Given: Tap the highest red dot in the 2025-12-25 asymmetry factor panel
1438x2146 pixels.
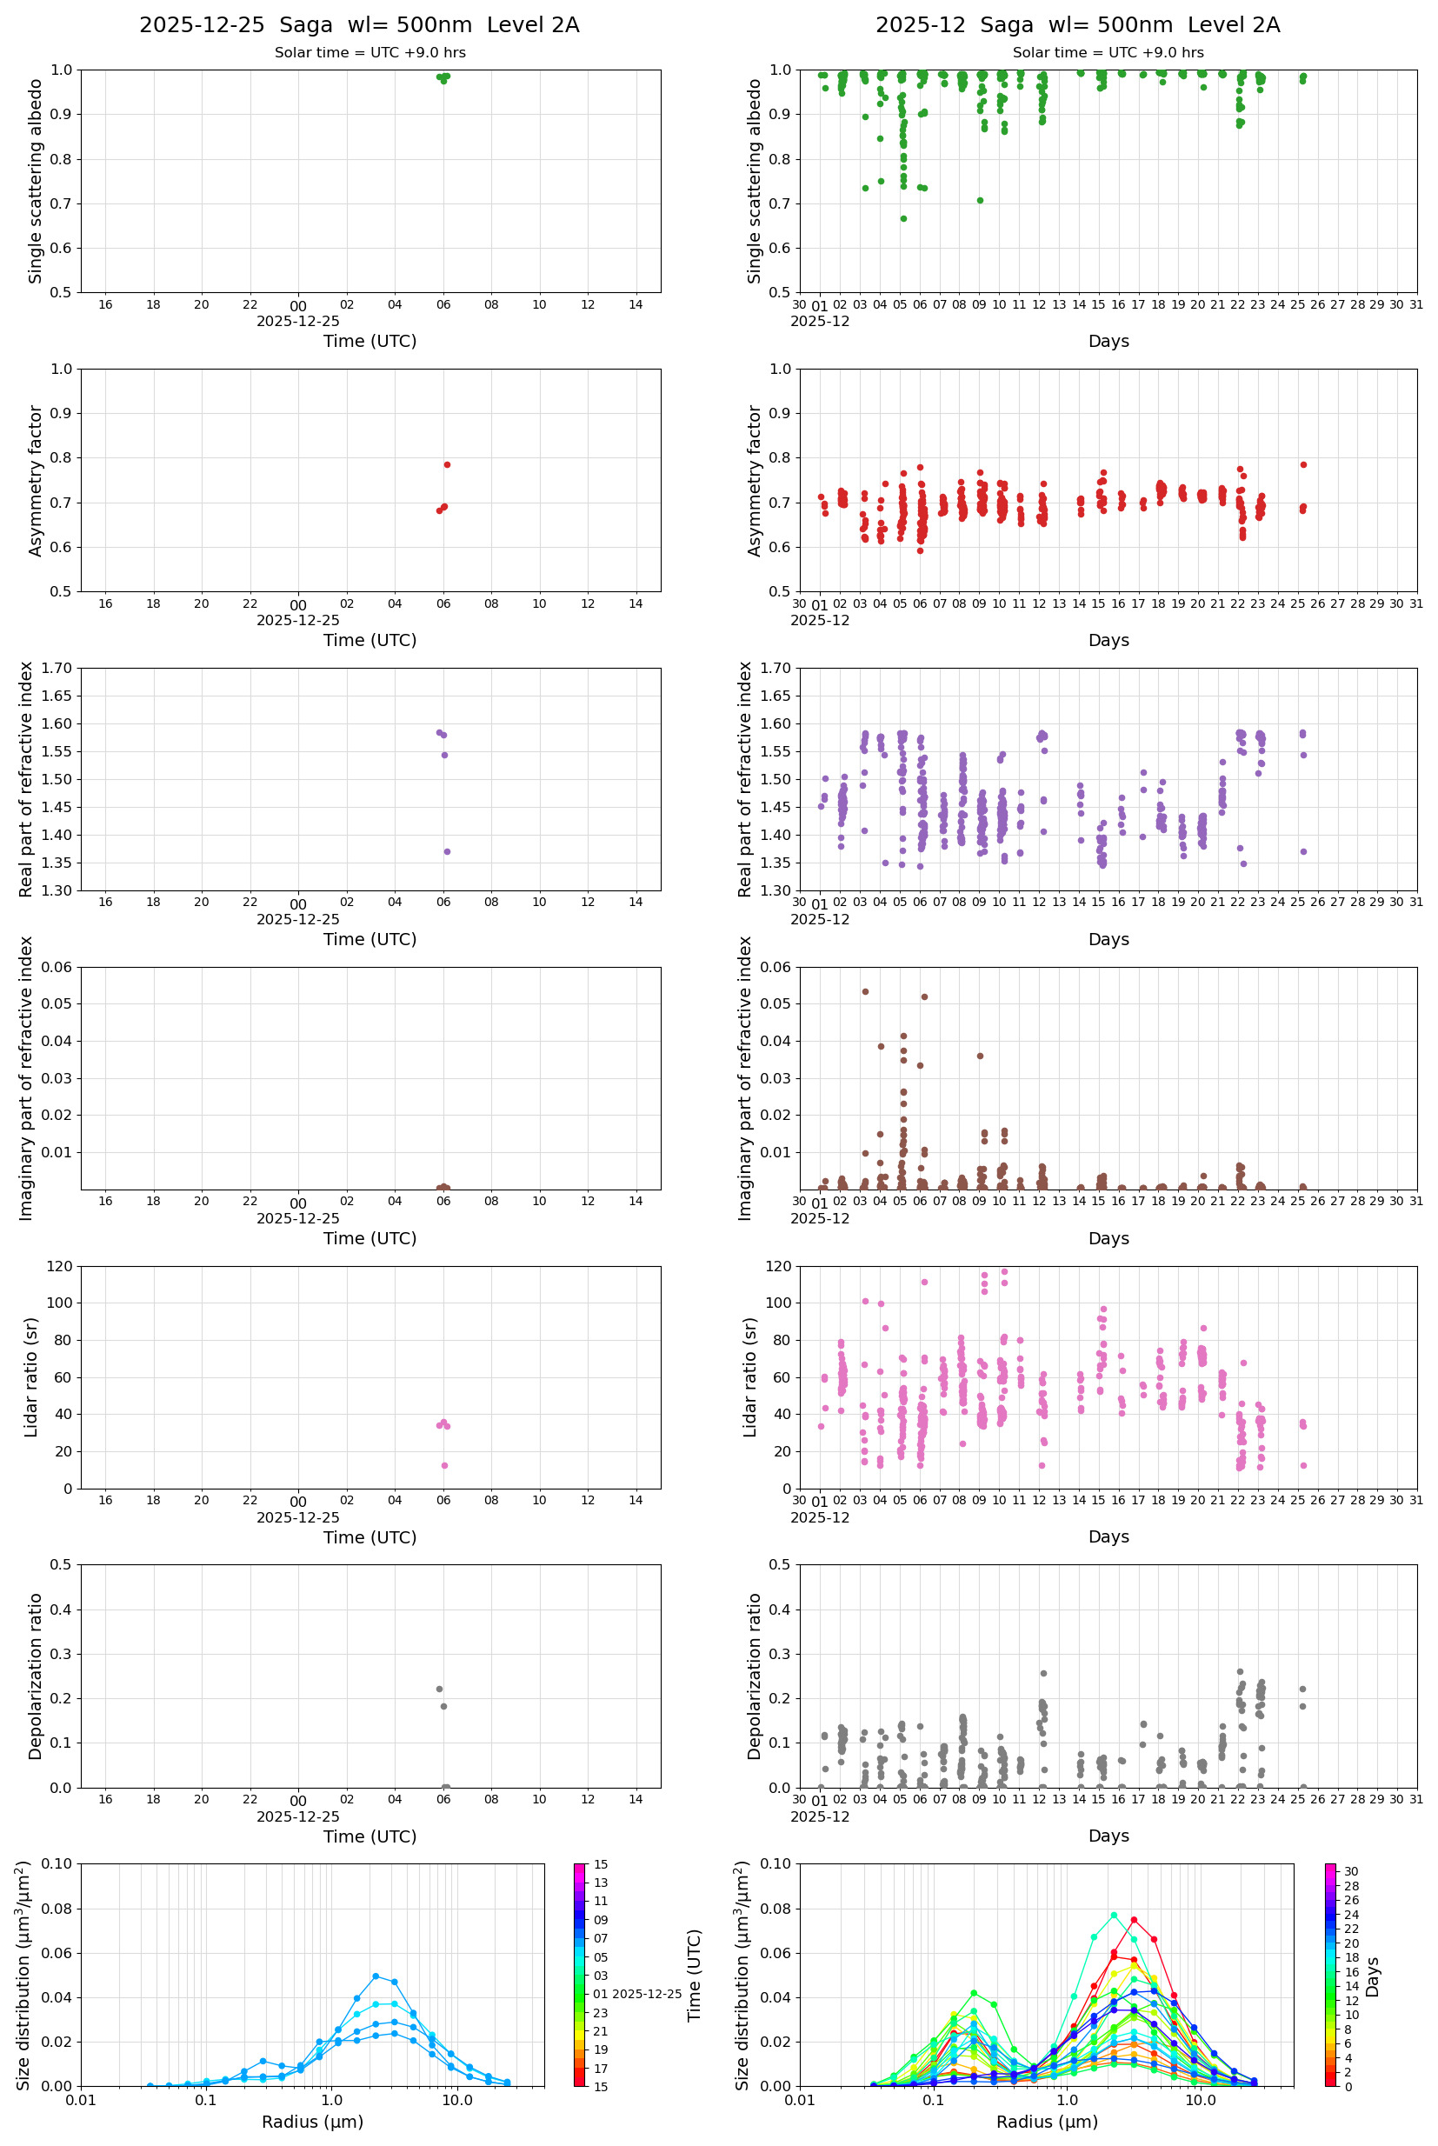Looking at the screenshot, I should [447, 465].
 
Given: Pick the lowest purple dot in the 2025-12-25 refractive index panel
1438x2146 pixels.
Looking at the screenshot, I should [447, 852].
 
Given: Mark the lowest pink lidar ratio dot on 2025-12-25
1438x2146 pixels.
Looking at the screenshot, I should [445, 1465].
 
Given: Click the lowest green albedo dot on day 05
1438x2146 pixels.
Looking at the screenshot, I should [903, 219].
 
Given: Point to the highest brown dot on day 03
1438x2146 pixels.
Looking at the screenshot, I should [865, 992].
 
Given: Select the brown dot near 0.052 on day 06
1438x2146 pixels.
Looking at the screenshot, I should [924, 996].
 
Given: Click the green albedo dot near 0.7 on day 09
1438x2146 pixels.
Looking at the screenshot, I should [980, 201].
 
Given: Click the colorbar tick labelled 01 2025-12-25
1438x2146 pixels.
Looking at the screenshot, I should [636, 1994].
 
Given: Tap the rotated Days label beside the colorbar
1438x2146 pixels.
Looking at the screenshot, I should [1373, 1977].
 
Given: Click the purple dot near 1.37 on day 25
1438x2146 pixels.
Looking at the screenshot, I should [1303, 852].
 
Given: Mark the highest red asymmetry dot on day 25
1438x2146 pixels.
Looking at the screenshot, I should [1303, 465].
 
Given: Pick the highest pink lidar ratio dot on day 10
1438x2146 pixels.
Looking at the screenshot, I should [1004, 1272].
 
